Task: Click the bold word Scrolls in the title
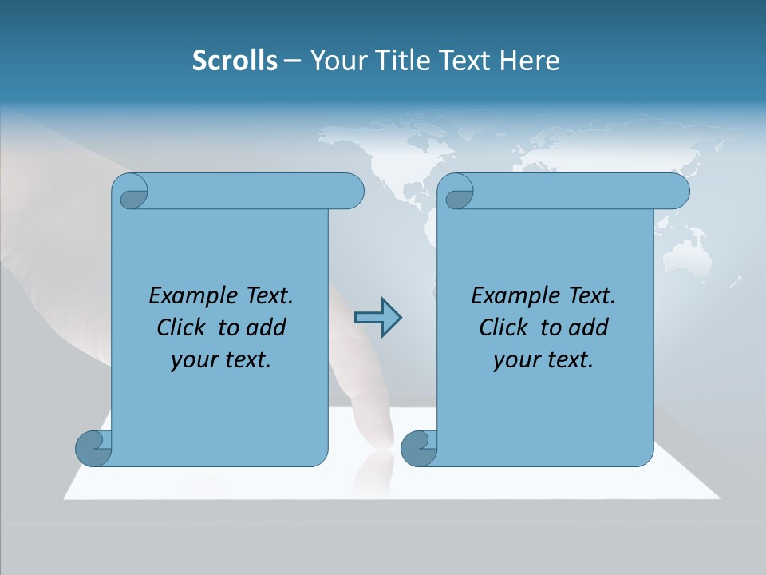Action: (235, 61)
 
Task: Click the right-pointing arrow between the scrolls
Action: (377, 318)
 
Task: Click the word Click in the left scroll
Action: (181, 327)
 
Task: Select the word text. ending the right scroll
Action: (569, 360)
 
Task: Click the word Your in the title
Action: (334, 61)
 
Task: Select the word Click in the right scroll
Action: (503, 327)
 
